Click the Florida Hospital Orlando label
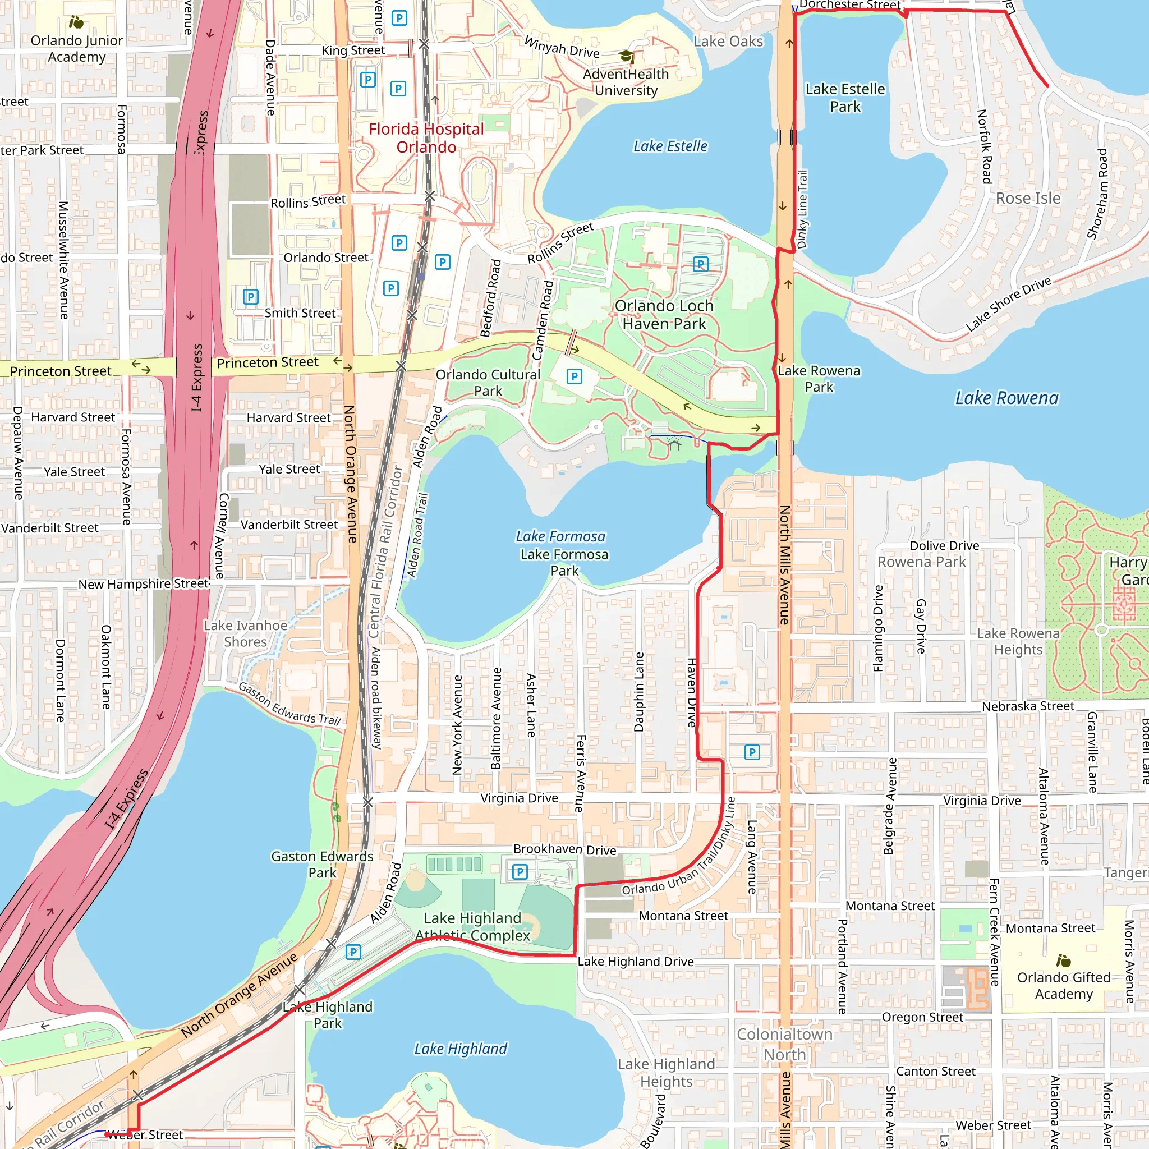(x=426, y=138)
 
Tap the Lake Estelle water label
(x=670, y=146)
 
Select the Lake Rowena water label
(x=1007, y=398)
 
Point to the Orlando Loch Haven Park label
(x=664, y=315)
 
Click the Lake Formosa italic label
(x=560, y=536)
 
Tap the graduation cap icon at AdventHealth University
(x=626, y=57)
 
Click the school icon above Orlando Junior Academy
(x=76, y=22)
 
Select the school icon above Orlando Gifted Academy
(x=1063, y=960)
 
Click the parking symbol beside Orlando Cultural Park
(x=574, y=376)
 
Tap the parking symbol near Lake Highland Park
(x=353, y=952)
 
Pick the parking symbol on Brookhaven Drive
(x=520, y=872)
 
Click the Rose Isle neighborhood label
(x=1028, y=199)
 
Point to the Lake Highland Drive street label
(x=636, y=962)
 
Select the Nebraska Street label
(x=1028, y=706)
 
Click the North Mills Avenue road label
(x=785, y=565)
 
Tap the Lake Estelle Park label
(x=845, y=98)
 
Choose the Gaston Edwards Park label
(x=323, y=864)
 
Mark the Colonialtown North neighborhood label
(x=784, y=1044)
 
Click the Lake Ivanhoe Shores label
(x=245, y=633)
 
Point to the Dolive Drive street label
(x=944, y=546)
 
